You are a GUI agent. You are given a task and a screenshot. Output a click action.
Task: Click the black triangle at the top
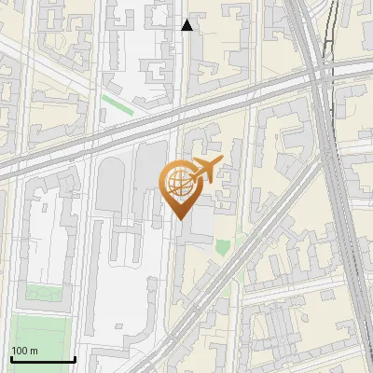(187, 25)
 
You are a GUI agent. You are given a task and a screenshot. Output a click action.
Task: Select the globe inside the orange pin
(178, 182)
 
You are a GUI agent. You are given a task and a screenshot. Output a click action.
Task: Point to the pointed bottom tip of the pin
(179, 218)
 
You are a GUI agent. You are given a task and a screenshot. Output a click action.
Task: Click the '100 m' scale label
(24, 351)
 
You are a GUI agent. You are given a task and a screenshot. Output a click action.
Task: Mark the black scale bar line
(43, 359)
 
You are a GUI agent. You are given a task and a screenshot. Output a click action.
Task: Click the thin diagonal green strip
(117, 104)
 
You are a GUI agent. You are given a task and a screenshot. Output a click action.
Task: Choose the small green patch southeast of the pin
(222, 247)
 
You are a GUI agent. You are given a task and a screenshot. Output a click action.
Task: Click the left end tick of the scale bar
(11, 357)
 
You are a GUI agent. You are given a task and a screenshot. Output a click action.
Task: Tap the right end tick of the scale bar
(75, 357)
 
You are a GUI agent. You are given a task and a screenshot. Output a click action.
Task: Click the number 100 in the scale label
(20, 351)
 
